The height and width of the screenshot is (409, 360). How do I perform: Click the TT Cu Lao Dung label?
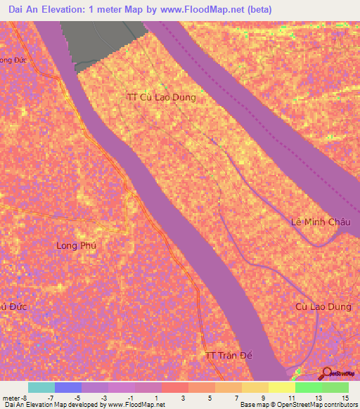coord(161,98)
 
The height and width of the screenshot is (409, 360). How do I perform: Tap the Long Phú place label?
coord(75,245)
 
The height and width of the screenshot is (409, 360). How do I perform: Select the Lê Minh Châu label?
coord(321,222)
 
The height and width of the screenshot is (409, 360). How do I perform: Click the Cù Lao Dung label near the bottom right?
coord(322,306)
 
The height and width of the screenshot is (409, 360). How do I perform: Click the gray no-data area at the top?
coord(105,42)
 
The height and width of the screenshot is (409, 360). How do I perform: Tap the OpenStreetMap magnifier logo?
coord(327,373)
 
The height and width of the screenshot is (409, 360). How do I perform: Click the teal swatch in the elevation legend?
coord(41,387)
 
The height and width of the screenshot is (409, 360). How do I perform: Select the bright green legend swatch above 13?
coord(309,387)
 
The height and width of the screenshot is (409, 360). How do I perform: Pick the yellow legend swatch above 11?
coord(282,387)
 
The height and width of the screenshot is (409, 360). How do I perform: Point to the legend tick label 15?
coord(344,398)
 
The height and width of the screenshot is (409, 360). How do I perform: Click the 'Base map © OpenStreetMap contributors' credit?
coord(297,405)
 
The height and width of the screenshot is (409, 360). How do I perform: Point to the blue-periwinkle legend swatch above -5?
coord(68,387)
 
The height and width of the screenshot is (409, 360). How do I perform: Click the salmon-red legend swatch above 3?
coord(175,387)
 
